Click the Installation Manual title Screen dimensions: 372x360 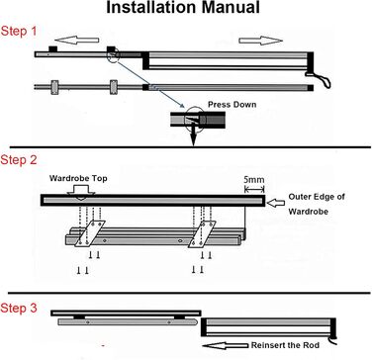[x=183, y=7]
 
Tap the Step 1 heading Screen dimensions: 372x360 [x=19, y=32]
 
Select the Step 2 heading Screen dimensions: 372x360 [x=19, y=160]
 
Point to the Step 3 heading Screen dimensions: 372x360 [x=19, y=309]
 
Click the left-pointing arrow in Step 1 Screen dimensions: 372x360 [x=77, y=40]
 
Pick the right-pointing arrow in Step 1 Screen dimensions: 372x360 [x=261, y=41]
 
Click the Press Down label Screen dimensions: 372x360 [x=232, y=105]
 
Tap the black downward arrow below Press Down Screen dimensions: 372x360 [x=193, y=135]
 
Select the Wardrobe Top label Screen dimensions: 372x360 [x=78, y=178]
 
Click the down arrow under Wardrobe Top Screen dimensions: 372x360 [x=81, y=191]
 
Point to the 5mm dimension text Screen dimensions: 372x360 [x=254, y=180]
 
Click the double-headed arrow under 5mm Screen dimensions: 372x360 [x=254, y=189]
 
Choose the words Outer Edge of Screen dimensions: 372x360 [x=317, y=197]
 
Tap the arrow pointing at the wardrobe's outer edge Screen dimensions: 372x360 [x=275, y=204]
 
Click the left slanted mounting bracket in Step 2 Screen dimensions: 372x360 [x=90, y=233]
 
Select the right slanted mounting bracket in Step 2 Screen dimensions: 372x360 [x=202, y=234]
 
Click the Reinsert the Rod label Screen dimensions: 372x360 [x=285, y=345]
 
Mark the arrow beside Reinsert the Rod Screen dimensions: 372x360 [x=225, y=345]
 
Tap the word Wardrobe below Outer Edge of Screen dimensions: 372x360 [x=309, y=212]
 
